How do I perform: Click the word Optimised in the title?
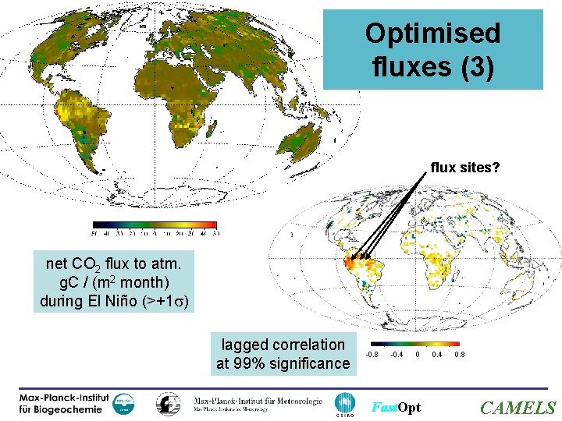point(432,34)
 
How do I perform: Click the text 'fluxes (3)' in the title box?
point(432,67)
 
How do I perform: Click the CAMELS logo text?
point(518,407)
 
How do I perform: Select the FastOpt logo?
point(396,408)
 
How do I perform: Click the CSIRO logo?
point(344,404)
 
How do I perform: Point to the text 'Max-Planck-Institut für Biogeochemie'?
point(65,404)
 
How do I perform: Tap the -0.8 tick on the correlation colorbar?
point(374,356)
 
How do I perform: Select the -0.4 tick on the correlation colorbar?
point(397,356)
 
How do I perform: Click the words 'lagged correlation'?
point(283,345)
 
